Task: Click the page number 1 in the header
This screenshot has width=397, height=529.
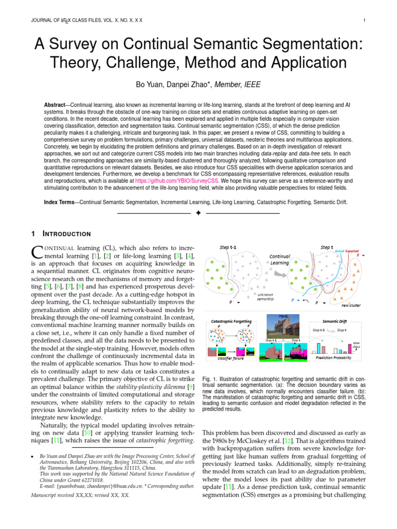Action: (x=365, y=21)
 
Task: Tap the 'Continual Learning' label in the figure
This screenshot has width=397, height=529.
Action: (x=280, y=259)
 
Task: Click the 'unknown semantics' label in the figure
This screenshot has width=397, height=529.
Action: (x=265, y=296)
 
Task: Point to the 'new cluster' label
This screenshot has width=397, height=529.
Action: (x=352, y=305)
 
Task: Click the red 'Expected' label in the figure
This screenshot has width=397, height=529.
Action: (x=352, y=251)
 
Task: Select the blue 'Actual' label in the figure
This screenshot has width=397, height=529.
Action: (x=339, y=251)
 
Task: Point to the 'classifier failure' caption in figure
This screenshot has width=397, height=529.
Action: (x=230, y=357)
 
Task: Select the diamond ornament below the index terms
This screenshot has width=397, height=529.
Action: (x=198, y=213)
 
